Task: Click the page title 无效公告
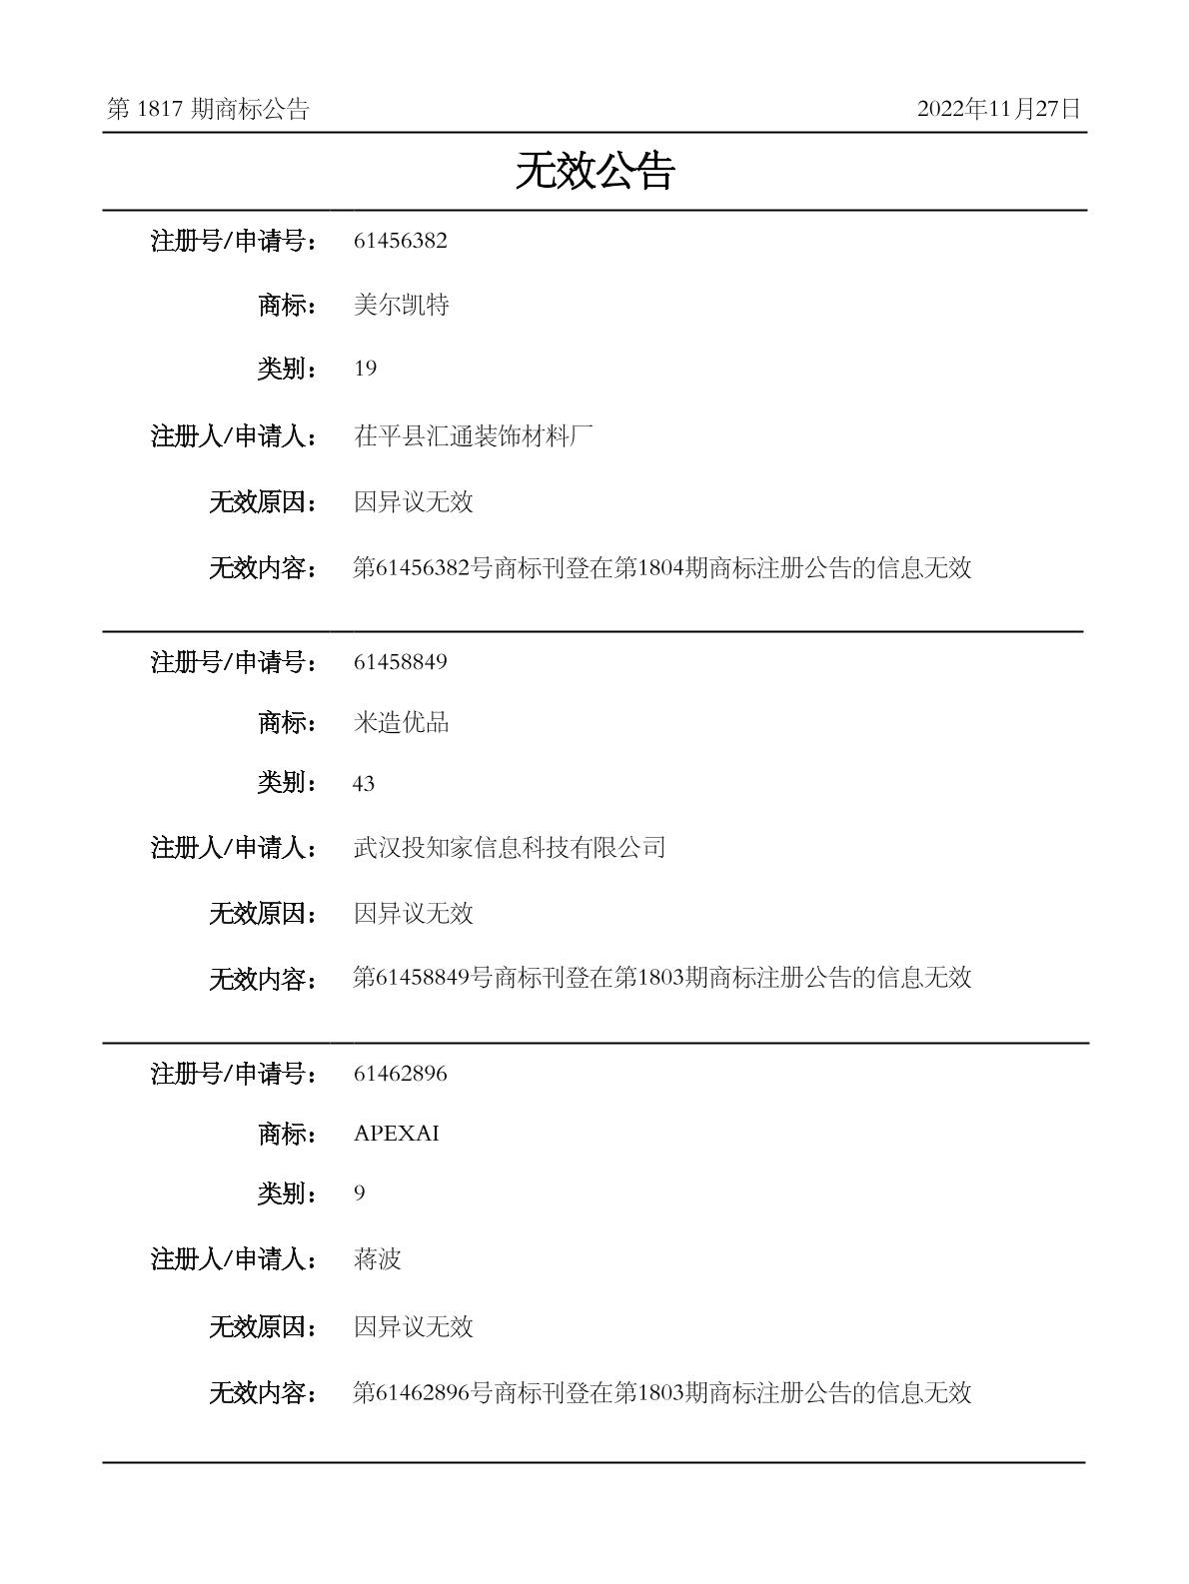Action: pos(594,172)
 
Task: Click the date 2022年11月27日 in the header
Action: pos(998,109)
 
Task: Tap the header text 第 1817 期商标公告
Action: pos(208,110)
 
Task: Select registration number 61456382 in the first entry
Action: pos(400,241)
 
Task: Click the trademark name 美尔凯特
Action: pos(401,305)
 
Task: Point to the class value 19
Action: pos(365,369)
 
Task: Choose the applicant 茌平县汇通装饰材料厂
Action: pos(474,435)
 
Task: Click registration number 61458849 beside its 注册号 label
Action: pos(400,662)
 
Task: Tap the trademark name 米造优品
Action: pos(401,722)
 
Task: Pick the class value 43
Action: pos(364,784)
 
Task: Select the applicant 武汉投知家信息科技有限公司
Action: pos(509,848)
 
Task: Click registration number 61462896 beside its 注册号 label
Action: pos(400,1074)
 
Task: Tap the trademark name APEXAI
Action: pos(396,1134)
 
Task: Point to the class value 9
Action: pos(360,1193)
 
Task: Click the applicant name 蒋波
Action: pos(377,1259)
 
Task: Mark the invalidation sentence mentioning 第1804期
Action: pos(661,568)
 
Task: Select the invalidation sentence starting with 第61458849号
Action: pos(661,978)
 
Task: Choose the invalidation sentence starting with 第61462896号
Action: pos(661,1392)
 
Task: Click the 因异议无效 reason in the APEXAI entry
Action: pos(413,1326)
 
